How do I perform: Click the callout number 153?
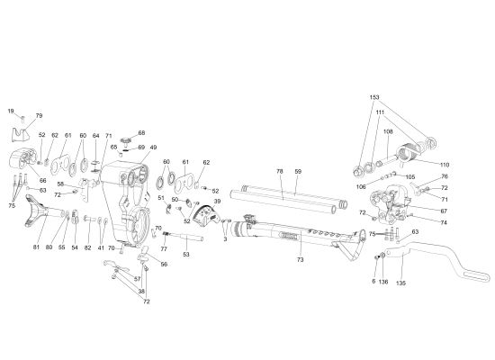click(374, 97)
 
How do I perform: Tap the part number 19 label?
click(11, 111)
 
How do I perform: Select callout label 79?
click(39, 116)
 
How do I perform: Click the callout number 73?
click(300, 259)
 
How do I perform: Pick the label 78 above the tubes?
click(279, 171)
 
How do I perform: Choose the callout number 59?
click(297, 171)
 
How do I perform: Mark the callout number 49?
click(153, 148)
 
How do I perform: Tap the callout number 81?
click(37, 247)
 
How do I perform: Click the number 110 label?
click(444, 165)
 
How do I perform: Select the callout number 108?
click(388, 131)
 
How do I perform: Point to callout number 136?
click(383, 282)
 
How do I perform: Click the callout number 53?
click(185, 256)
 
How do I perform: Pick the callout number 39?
click(217, 202)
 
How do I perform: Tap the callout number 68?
click(141, 133)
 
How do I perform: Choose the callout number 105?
click(410, 177)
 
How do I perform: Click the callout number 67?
click(444, 211)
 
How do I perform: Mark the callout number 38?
click(141, 292)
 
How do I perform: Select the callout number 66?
click(41, 180)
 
